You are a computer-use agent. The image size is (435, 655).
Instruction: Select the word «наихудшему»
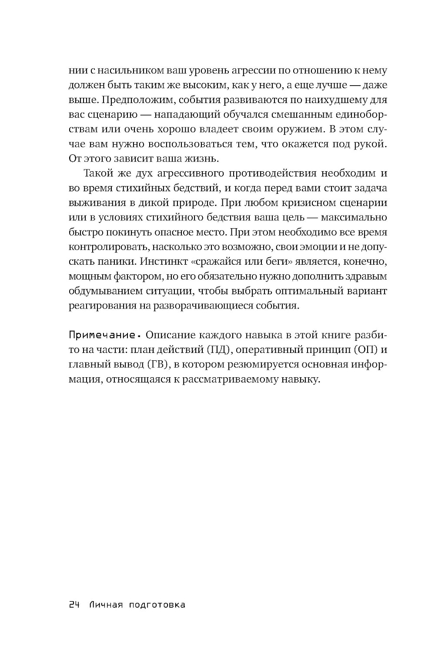(x=338, y=100)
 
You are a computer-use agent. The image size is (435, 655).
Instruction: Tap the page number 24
(x=74, y=605)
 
